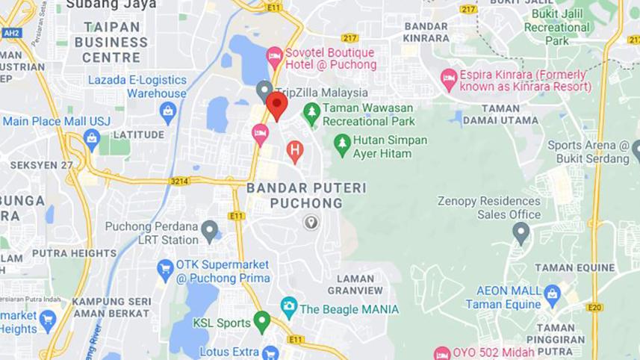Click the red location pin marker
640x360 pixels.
tap(277, 105)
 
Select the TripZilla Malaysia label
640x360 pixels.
tap(321, 93)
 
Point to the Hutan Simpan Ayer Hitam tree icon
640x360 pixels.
tap(342, 144)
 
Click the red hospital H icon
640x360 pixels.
tap(295, 151)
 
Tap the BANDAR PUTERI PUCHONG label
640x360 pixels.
tap(306, 196)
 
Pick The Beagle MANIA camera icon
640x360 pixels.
tap(288, 307)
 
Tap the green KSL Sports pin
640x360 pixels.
tap(261, 322)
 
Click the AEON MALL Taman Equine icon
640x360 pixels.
tap(552, 293)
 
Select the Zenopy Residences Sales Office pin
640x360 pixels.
tap(521, 232)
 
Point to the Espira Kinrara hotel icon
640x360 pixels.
tap(449, 78)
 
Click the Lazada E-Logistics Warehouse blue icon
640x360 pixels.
tap(168, 113)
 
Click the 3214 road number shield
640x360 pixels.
tap(179, 181)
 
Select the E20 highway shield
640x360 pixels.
tap(594, 307)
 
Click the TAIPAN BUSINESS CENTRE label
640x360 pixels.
tap(111, 42)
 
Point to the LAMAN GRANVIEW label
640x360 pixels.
tap(355, 284)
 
